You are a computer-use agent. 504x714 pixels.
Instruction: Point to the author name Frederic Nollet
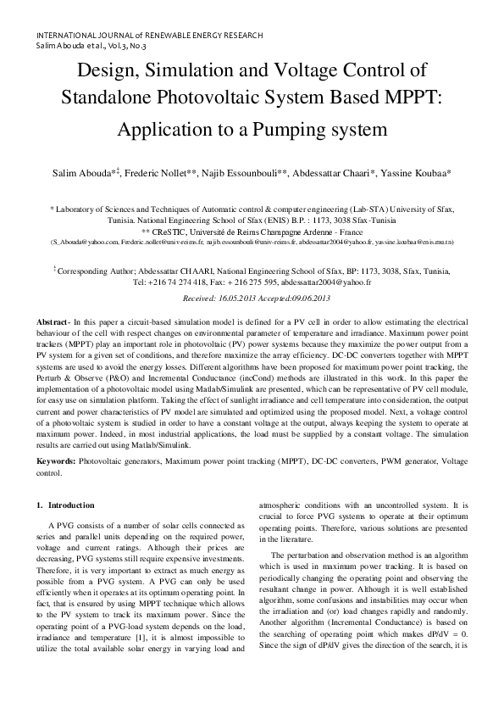(158, 173)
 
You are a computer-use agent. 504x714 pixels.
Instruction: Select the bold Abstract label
(52, 325)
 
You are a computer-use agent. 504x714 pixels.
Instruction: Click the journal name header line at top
(149, 36)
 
